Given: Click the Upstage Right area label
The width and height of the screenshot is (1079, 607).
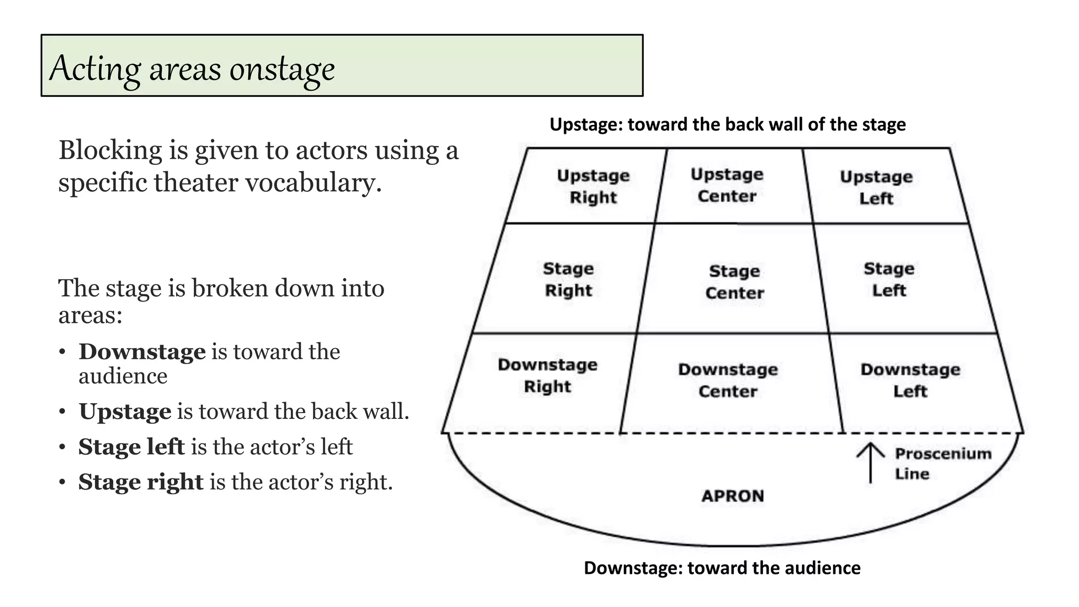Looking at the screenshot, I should point(593,186).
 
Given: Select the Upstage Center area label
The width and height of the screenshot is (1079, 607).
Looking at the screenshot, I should point(727,185).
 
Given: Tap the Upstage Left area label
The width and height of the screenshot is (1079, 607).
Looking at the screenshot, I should point(876,187).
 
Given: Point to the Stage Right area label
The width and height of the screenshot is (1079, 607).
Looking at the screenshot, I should point(568,279).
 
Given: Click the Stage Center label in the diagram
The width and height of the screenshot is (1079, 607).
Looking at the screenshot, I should point(734,282).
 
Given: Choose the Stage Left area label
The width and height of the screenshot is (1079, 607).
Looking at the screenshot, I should point(889,279).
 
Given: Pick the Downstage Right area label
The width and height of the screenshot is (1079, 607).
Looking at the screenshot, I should point(547,375).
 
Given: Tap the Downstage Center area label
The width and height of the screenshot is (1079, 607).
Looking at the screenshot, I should point(728,380).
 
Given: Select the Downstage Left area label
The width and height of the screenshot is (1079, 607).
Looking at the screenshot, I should point(910,380).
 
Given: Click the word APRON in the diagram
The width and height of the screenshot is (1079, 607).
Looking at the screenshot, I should point(732,496).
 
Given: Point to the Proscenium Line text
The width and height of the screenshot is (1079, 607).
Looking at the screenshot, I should point(943,463).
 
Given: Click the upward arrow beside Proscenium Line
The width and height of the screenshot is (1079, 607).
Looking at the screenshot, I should point(870,462).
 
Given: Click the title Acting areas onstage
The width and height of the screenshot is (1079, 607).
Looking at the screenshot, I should point(192,68).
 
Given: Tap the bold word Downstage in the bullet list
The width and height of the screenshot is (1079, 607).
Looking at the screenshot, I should point(142,351).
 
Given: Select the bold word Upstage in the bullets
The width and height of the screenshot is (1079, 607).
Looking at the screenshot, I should point(125,412).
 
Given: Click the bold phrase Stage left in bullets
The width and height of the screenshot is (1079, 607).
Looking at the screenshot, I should point(131,447).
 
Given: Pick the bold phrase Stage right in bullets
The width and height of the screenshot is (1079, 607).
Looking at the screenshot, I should point(141,482).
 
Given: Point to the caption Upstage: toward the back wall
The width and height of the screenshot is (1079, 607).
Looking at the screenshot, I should point(728,124).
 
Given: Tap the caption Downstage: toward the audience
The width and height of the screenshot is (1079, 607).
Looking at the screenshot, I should point(722,567).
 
